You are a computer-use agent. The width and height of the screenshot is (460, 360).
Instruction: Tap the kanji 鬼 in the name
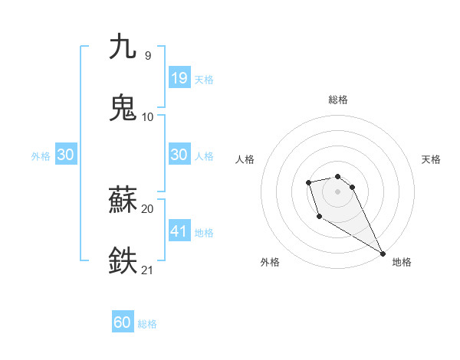pos(123,107)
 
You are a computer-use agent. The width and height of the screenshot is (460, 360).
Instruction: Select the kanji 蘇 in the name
pos(123,201)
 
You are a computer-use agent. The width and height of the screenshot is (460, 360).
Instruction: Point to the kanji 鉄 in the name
pos(123,260)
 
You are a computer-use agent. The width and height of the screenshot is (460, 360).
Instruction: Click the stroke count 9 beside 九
pos(148,55)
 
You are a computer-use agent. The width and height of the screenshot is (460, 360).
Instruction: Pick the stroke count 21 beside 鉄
pos(148,270)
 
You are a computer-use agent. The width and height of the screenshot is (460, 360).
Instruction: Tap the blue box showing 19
pos(179,77)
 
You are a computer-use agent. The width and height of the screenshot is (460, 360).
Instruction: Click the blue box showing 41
pos(179,231)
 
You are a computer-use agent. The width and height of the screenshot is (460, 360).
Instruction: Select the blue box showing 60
pos(123,322)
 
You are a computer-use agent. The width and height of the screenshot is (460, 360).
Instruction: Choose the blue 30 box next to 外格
pos(66,155)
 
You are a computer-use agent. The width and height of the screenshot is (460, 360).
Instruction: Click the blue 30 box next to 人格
pos(179,155)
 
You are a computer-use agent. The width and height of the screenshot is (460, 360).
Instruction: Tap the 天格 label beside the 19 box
pos(204,80)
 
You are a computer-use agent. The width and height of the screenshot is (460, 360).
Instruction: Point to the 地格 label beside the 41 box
pos(204,233)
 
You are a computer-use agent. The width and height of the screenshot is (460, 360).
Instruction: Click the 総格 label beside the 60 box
pos(148,324)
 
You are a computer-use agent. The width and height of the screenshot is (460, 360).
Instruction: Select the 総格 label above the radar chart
pos(337,100)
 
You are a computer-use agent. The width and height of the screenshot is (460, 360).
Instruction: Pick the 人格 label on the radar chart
pos(245,159)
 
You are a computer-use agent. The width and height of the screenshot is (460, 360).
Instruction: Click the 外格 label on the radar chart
pos(269,262)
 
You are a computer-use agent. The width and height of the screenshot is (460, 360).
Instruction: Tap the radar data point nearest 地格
pos(383,254)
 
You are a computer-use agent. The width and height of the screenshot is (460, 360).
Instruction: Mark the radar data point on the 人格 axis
pos(308,182)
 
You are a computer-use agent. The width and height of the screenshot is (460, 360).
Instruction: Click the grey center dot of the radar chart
pos(337,191)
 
